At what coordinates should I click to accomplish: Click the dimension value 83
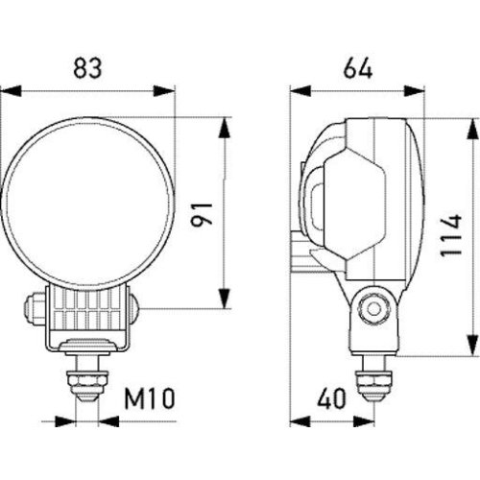[88, 68]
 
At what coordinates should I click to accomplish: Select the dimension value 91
[202, 212]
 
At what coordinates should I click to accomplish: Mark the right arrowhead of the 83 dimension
[170, 93]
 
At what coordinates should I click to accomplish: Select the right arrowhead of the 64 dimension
[419, 93]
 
